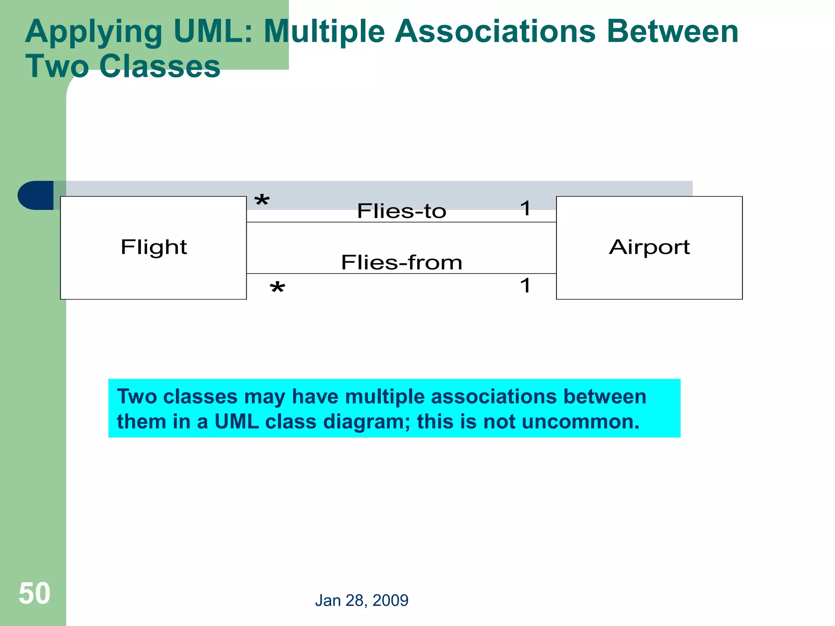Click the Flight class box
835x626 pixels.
point(153,248)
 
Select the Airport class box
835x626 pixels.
point(649,248)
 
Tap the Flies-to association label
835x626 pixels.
point(402,211)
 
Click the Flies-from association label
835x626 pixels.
point(402,262)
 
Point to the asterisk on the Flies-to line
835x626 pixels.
point(262,201)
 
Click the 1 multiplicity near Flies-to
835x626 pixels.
point(525,209)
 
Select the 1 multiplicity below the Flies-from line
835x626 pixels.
point(525,285)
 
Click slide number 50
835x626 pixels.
point(35,593)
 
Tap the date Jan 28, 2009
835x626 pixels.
point(362,600)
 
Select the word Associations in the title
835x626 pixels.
point(495,32)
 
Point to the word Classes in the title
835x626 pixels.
point(159,66)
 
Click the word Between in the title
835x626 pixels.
point(672,32)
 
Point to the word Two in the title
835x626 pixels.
point(57,66)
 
